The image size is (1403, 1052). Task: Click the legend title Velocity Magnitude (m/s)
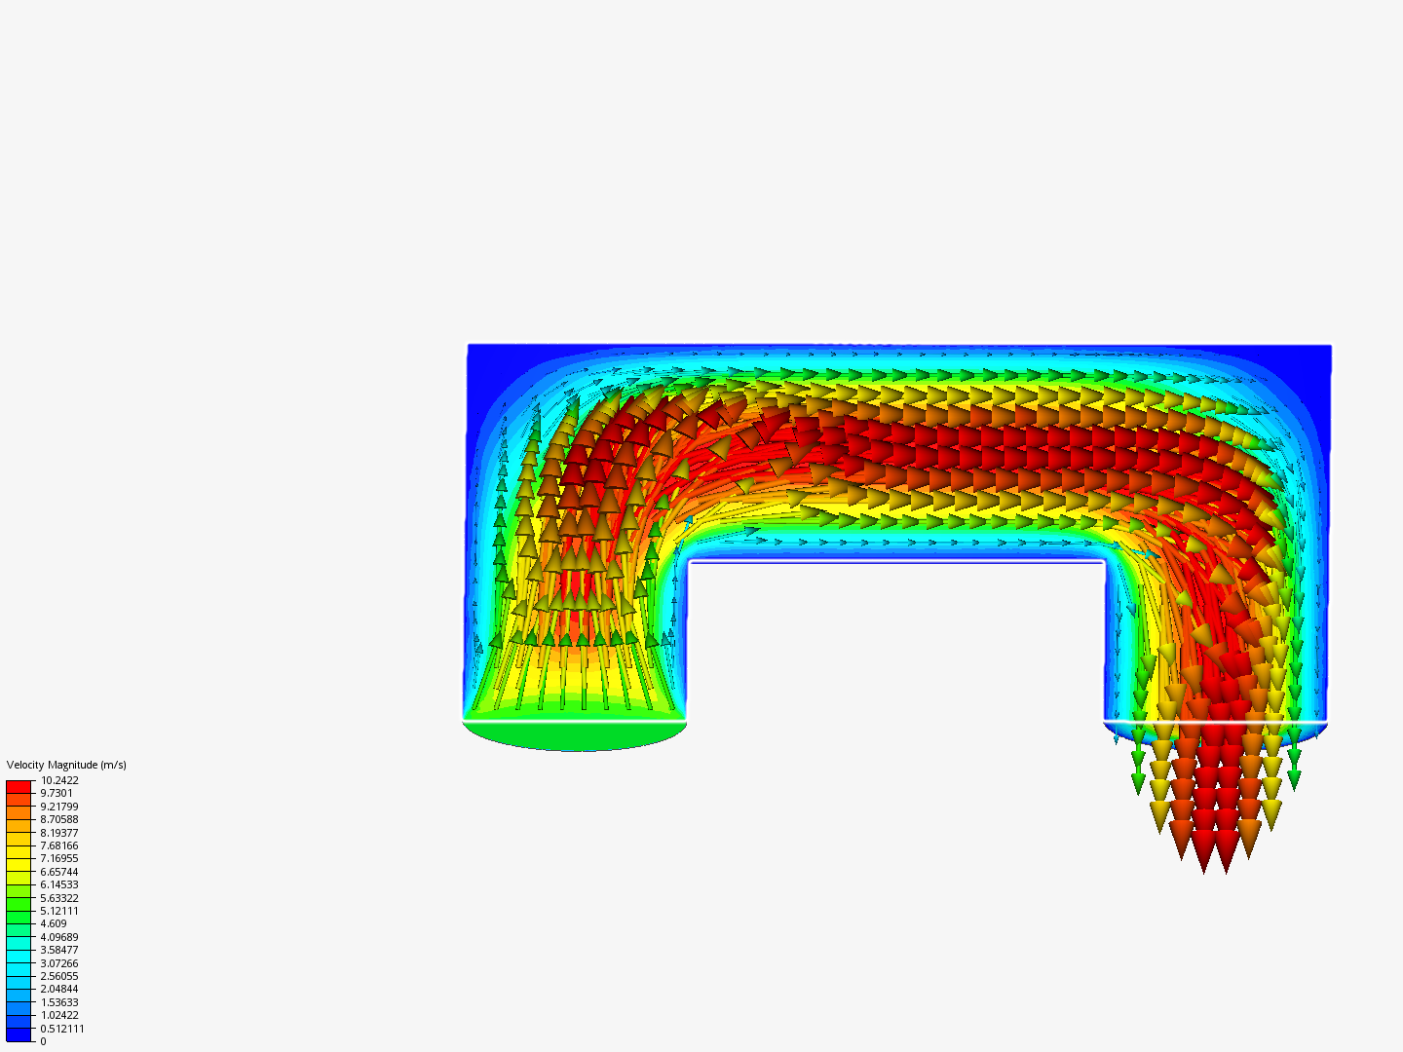tap(66, 765)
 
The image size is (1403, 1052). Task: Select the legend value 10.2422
tap(59, 780)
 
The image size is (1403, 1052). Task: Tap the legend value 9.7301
tap(57, 793)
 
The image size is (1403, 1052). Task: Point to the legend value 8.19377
tap(59, 833)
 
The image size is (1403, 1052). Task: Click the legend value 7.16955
tap(59, 858)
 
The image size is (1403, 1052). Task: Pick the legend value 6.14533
tap(59, 884)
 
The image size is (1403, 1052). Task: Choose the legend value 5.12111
tap(59, 911)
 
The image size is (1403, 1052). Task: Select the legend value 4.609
tap(54, 923)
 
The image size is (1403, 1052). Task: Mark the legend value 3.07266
tap(59, 962)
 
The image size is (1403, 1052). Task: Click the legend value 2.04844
tap(59, 989)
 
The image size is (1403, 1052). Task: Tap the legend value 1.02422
tap(59, 1015)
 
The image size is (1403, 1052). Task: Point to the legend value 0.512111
tap(62, 1029)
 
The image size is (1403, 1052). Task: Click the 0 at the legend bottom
tap(43, 1041)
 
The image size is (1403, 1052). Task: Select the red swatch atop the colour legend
tap(19, 786)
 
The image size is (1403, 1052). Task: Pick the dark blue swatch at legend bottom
tap(19, 1034)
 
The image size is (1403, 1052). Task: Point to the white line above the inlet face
tap(574, 720)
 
